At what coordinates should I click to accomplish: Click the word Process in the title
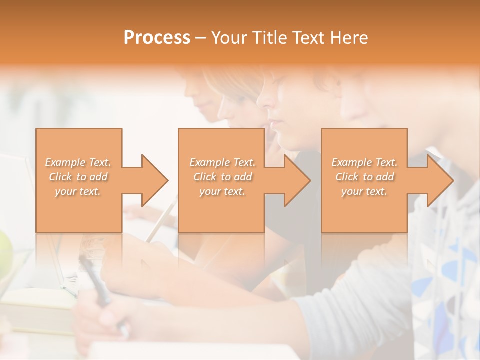[157, 38]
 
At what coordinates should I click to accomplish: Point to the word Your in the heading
[227, 38]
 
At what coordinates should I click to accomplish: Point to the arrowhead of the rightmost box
[439, 181]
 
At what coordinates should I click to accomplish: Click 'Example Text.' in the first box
[78, 162]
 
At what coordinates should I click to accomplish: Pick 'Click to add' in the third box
[365, 177]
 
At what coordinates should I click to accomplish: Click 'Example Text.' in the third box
[364, 162]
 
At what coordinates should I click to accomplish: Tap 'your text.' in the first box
[78, 192]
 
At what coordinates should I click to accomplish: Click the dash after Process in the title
[201, 38]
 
